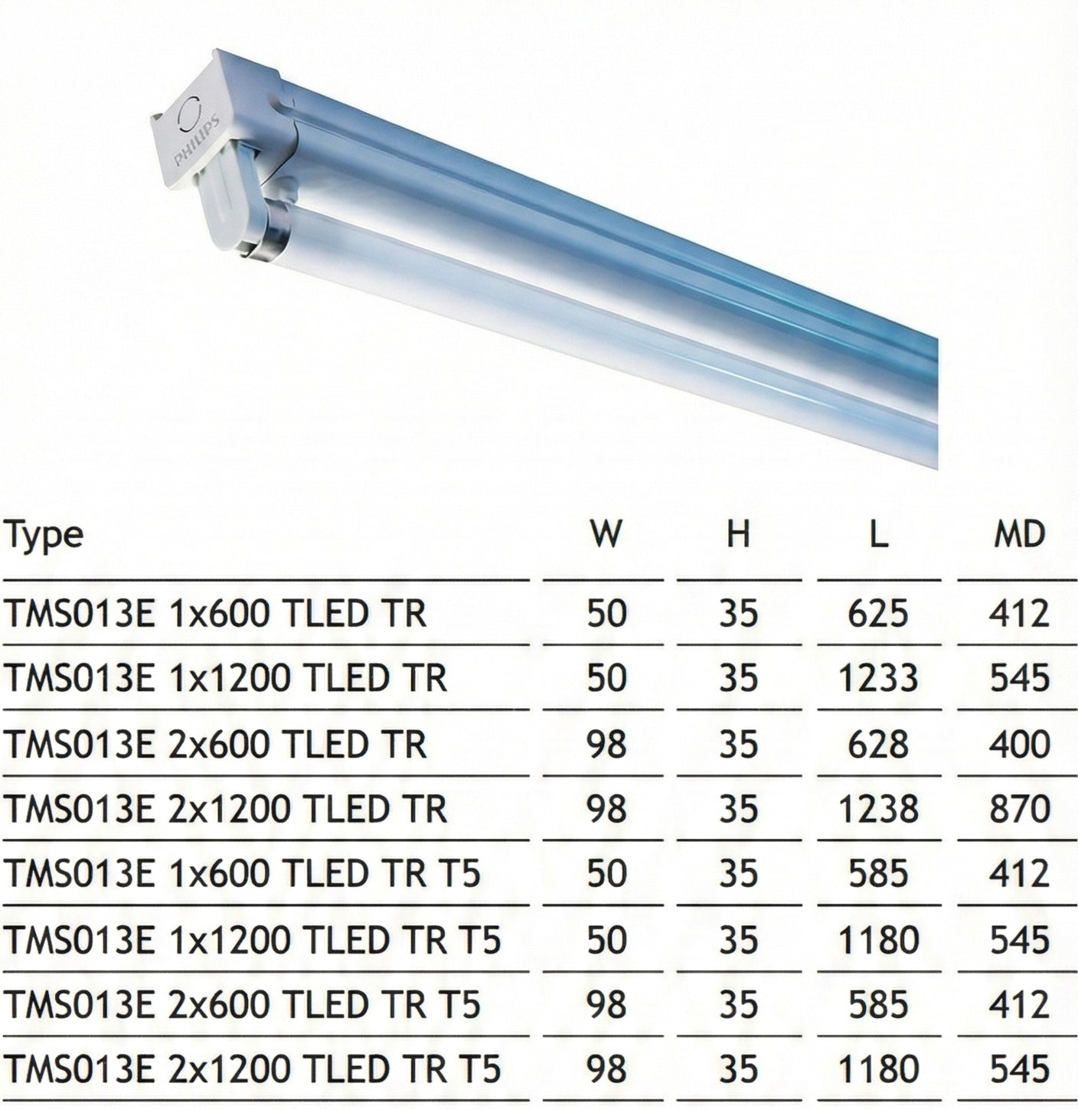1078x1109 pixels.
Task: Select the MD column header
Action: (x=1019, y=533)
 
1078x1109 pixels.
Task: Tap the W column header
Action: (x=606, y=533)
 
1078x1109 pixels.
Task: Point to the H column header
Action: (x=738, y=533)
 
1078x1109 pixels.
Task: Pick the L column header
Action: (x=878, y=533)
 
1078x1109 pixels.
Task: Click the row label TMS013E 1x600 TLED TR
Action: (x=215, y=613)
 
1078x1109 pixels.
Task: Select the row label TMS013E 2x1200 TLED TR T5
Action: (x=253, y=1068)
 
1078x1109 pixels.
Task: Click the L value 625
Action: (x=878, y=613)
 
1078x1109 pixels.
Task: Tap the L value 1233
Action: (x=878, y=678)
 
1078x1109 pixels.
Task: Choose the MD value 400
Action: (x=1019, y=744)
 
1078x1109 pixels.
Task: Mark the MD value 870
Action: (x=1019, y=809)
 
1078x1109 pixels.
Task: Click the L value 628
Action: (x=878, y=744)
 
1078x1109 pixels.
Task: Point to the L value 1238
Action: (x=878, y=809)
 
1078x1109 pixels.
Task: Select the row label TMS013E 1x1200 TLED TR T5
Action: (x=253, y=939)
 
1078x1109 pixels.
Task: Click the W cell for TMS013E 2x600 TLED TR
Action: (x=606, y=744)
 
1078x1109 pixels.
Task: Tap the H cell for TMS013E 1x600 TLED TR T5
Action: (x=738, y=873)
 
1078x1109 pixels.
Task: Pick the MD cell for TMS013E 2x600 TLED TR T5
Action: (x=1019, y=1004)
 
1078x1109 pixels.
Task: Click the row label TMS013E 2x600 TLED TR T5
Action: (x=242, y=1004)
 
